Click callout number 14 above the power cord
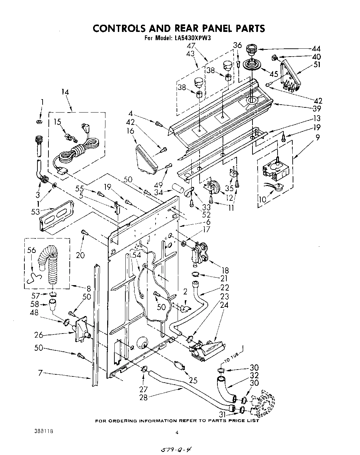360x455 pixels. coord(65,92)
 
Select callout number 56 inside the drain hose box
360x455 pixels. coord(31,250)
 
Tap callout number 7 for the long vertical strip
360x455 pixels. coord(40,373)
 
